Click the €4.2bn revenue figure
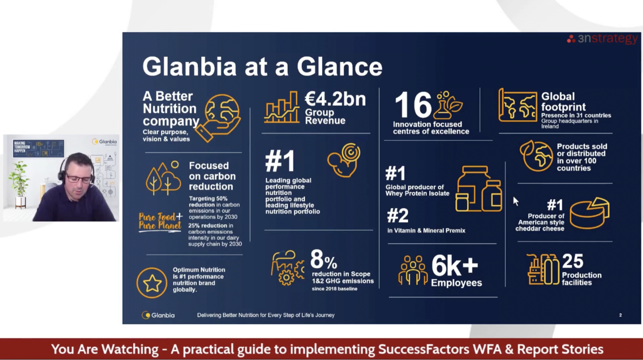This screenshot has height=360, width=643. pyautogui.click(x=335, y=99)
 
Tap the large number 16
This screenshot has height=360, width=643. pyautogui.click(x=413, y=105)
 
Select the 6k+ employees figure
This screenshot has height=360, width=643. pyautogui.click(x=455, y=266)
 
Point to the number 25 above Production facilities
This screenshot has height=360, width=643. pyautogui.click(x=573, y=261)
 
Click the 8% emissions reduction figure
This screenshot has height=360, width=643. pyautogui.click(x=324, y=259)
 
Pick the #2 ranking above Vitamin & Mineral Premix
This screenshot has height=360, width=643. pyautogui.click(x=398, y=216)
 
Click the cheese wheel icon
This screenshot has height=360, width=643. pyautogui.click(x=589, y=213)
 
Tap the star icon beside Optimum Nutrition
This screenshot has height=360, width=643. pyautogui.click(x=152, y=283)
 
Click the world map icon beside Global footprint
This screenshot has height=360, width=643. pyautogui.click(x=517, y=105)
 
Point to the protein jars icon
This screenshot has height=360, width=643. pyautogui.click(x=478, y=189)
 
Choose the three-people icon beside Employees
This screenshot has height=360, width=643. pyautogui.click(x=413, y=270)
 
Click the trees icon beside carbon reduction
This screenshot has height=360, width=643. pyautogui.click(x=163, y=178)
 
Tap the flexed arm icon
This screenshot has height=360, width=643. pyautogui.click(x=344, y=160)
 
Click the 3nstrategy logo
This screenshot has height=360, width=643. pyautogui.click(x=602, y=39)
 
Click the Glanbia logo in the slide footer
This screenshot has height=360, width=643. pyautogui.click(x=158, y=315)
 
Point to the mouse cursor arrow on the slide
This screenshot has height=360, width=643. pyautogui.click(x=516, y=201)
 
